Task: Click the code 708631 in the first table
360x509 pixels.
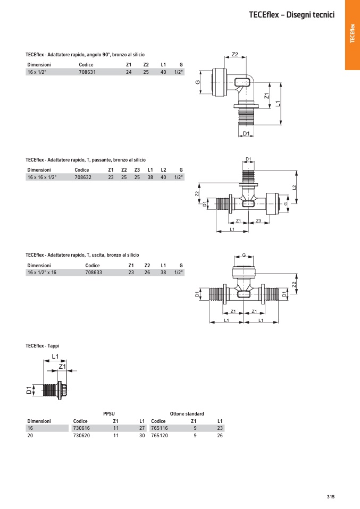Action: point(87,72)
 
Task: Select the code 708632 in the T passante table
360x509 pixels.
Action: point(83,177)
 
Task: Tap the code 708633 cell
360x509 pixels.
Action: point(94,273)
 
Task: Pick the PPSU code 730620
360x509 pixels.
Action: point(81,435)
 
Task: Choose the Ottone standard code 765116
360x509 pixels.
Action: point(160,428)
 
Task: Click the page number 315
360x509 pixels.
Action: point(331,497)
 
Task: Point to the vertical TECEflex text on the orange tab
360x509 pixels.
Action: point(353,33)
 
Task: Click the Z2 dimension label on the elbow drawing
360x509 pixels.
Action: point(235,54)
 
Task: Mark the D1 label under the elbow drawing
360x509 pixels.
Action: point(246,133)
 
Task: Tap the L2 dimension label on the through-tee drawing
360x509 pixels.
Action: point(294,188)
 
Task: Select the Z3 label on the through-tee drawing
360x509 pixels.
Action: point(258,220)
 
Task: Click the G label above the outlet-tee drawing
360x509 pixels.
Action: point(244,255)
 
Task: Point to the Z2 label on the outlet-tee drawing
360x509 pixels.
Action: point(294,284)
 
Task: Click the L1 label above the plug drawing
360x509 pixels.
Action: point(55,357)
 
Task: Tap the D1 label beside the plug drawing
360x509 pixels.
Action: point(29,390)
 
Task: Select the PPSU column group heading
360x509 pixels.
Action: point(109,413)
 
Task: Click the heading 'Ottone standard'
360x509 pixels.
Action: point(187,413)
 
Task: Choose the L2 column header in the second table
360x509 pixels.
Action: point(163,170)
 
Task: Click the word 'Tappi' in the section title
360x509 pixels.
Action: point(53,346)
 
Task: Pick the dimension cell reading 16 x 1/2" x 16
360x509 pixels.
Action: point(42,273)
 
